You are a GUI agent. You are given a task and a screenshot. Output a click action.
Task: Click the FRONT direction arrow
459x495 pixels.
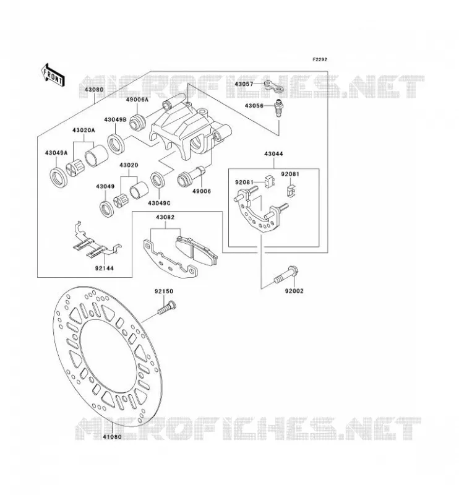53,75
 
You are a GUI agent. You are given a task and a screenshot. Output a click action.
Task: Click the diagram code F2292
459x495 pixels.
320,59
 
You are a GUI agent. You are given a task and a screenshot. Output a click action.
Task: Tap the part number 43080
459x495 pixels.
94,90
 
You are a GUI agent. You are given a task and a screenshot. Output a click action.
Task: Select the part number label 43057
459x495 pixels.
244,84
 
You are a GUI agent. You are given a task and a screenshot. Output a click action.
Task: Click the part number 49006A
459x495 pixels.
137,100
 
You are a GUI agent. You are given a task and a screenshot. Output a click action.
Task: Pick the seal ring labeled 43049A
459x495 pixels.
59,178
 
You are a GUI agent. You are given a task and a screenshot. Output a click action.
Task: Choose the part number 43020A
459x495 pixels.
84,130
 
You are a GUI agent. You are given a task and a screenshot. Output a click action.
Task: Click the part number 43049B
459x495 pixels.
115,119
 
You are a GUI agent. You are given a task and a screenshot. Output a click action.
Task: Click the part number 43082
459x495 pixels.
165,217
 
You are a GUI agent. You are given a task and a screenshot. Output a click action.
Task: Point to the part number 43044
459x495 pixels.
273,154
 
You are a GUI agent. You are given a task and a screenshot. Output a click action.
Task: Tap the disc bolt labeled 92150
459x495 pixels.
166,307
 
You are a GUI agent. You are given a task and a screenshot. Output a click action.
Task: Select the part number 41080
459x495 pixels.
112,437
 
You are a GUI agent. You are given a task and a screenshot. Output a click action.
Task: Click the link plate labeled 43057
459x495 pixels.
273,87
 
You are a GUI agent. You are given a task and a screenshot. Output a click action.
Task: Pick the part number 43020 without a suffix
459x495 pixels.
129,165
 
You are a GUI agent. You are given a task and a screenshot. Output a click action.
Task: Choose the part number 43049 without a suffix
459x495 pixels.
105,187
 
